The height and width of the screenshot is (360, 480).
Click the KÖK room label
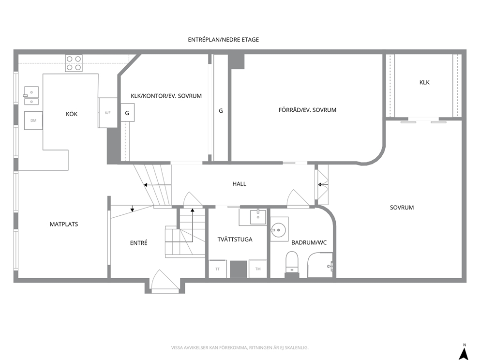click(x=72, y=114)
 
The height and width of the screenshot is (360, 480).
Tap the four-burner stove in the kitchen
click(x=74, y=63)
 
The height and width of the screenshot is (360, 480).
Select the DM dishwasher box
click(x=33, y=120)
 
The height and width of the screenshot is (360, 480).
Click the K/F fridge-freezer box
click(x=108, y=113)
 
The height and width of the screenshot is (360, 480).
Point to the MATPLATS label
click(x=64, y=224)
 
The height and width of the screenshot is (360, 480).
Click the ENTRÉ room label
click(x=139, y=243)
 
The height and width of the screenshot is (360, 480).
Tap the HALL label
click(x=239, y=184)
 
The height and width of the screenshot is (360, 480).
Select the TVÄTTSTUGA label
click(x=235, y=240)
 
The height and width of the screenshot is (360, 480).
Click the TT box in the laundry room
click(x=218, y=269)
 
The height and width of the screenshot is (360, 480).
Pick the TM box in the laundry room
click(x=258, y=269)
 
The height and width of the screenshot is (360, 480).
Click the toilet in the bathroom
click(x=292, y=262)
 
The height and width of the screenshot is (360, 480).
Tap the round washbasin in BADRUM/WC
click(x=278, y=229)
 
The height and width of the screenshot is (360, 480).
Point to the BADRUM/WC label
click(x=309, y=243)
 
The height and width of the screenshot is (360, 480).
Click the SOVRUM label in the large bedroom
click(x=402, y=208)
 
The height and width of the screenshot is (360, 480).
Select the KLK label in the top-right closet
click(x=424, y=82)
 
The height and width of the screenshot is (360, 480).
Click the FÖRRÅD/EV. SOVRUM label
click(x=307, y=110)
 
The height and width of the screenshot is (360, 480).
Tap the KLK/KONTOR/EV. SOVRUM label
click(x=166, y=96)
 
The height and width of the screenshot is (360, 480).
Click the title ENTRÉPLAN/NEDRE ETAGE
click(x=224, y=40)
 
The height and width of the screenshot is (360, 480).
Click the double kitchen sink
click(x=31, y=95)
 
